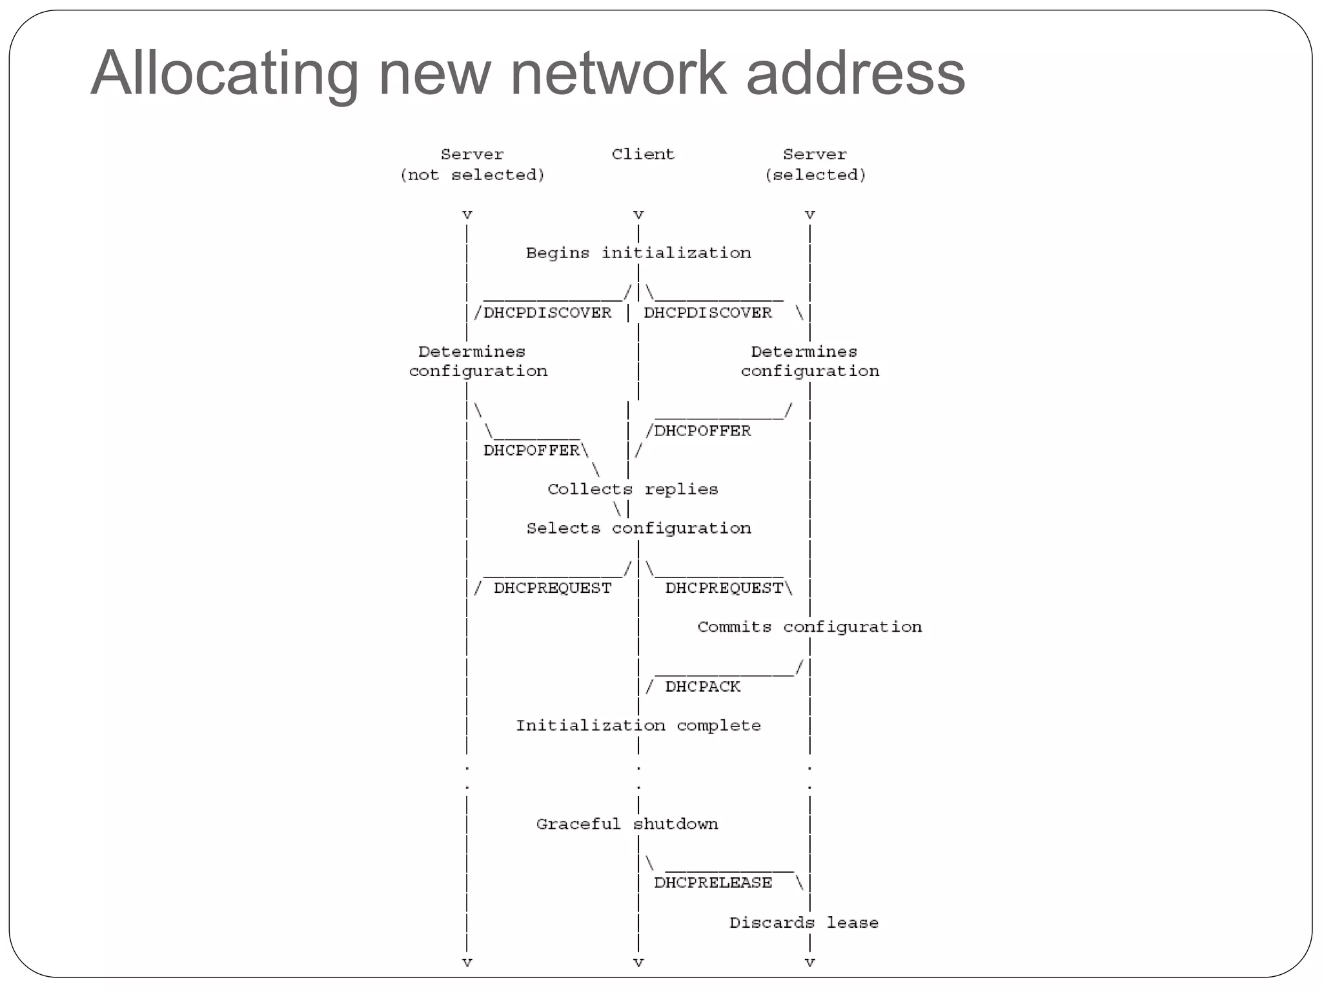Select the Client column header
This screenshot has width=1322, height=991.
coord(642,154)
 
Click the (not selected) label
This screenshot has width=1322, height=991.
coord(472,175)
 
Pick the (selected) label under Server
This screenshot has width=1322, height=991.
coord(815,175)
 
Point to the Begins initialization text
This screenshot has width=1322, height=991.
coord(638,253)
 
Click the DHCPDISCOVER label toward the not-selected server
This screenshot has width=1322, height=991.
coord(547,313)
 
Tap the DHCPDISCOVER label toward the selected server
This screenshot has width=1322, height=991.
coord(707,313)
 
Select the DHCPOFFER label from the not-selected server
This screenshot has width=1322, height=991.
coord(531,450)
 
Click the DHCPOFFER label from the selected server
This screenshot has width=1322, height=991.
coord(702,431)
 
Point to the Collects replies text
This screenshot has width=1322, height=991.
coord(632,490)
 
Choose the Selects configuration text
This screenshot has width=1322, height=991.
coord(638,529)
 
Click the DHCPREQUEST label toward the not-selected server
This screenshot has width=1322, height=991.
coord(552,588)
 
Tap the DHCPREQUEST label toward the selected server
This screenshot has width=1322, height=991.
coord(724,588)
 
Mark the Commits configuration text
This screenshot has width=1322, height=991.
coord(809,627)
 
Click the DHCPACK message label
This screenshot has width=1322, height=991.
coord(702,687)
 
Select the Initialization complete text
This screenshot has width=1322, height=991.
coord(638,726)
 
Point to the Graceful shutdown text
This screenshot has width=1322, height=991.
coord(627,825)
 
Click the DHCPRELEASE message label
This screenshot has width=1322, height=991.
coord(713,883)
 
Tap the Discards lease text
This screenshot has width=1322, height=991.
coord(804,923)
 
